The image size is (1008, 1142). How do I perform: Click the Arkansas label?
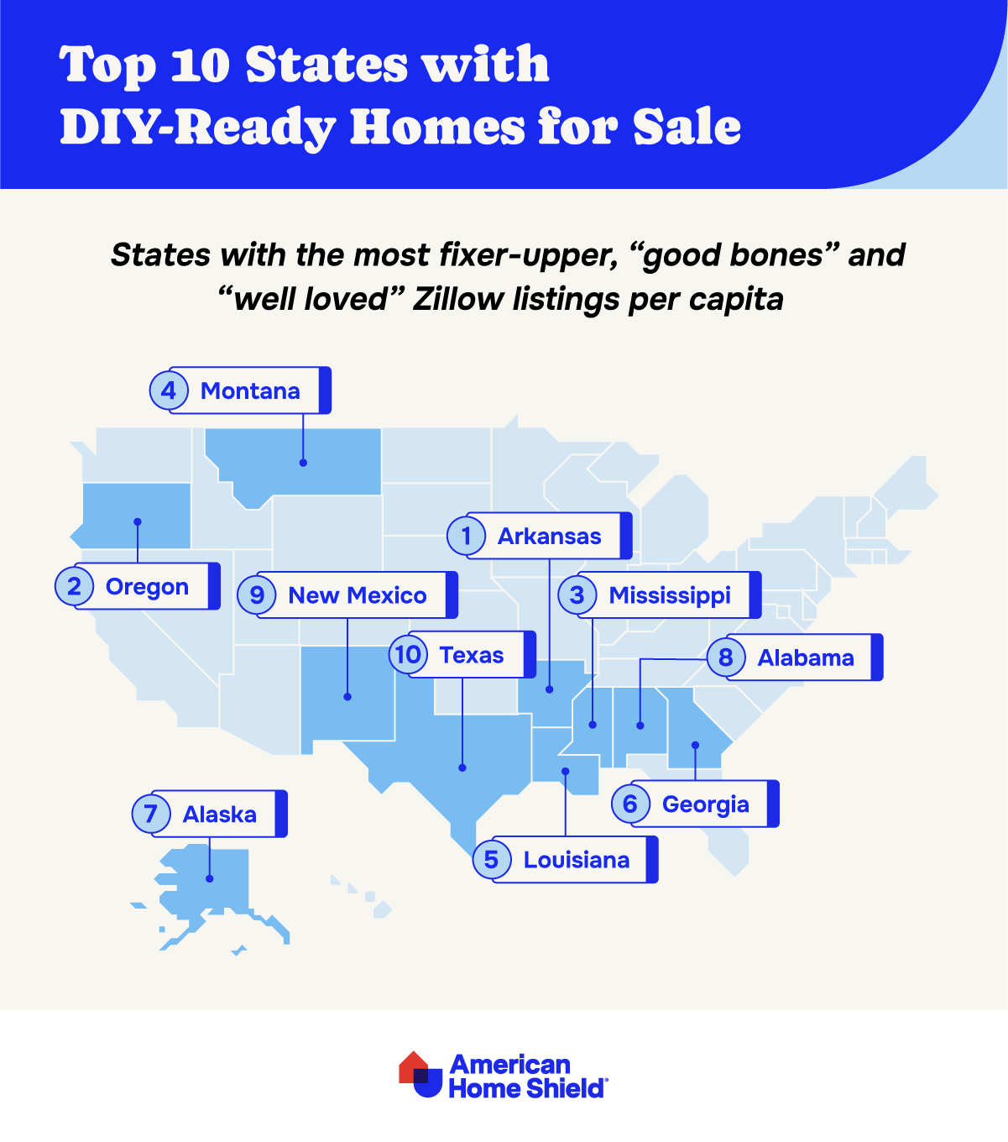[549, 536]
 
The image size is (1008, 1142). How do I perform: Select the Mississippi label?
[670, 595]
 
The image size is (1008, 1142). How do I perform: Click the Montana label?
[250, 390]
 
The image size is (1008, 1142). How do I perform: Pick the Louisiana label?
[576, 860]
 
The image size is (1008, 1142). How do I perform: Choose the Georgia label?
[705, 804]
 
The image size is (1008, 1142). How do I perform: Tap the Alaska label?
[220, 814]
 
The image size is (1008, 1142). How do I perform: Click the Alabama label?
[806, 657]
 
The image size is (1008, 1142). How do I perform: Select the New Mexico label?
[358, 595]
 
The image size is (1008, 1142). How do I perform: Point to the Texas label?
[472, 655]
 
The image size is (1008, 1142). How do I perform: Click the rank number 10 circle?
[409, 654]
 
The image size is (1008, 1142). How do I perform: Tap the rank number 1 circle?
[467, 536]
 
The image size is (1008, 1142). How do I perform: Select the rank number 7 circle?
[151, 814]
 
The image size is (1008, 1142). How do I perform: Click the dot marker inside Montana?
[303, 463]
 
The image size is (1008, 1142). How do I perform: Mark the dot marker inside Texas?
[462, 767]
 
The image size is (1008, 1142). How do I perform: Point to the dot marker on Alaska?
[210, 878]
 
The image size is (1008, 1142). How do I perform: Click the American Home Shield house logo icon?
[420, 1074]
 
